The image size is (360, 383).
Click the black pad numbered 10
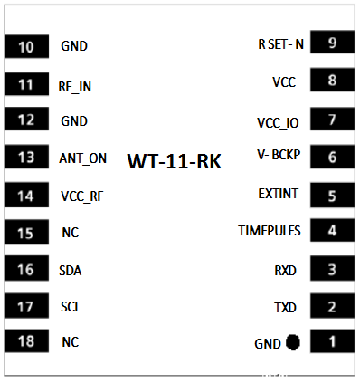coord(26,46)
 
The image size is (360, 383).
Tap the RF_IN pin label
coord(75,87)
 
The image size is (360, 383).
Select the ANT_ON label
coord(83,158)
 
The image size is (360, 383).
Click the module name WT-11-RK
coord(175,161)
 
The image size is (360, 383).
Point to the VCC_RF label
coord(82,196)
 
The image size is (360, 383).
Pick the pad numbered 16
coord(26,268)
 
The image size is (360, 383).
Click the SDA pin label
coord(71,271)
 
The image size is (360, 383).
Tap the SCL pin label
coord(71,307)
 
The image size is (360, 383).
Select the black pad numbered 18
coord(26,341)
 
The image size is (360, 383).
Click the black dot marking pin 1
coord(293,342)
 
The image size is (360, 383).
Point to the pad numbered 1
coord(333,341)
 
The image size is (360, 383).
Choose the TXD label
coord(285,308)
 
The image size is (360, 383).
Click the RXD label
coord(285,271)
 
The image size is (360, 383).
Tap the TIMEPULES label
coord(270,231)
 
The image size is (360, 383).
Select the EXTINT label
coord(278,194)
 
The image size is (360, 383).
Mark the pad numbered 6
coord(333,157)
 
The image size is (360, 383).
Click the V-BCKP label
coord(279,155)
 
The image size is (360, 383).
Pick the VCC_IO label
coord(278,123)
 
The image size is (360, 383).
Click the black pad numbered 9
coord(333,43)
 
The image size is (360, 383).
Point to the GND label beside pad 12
coord(74,121)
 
